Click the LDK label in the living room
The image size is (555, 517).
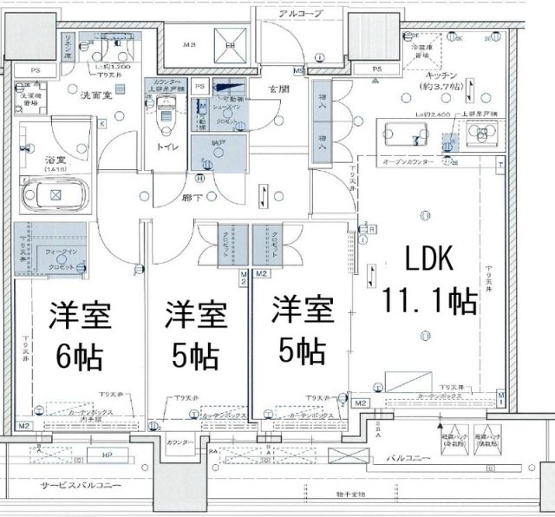423,258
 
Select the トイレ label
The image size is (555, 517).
167,147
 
